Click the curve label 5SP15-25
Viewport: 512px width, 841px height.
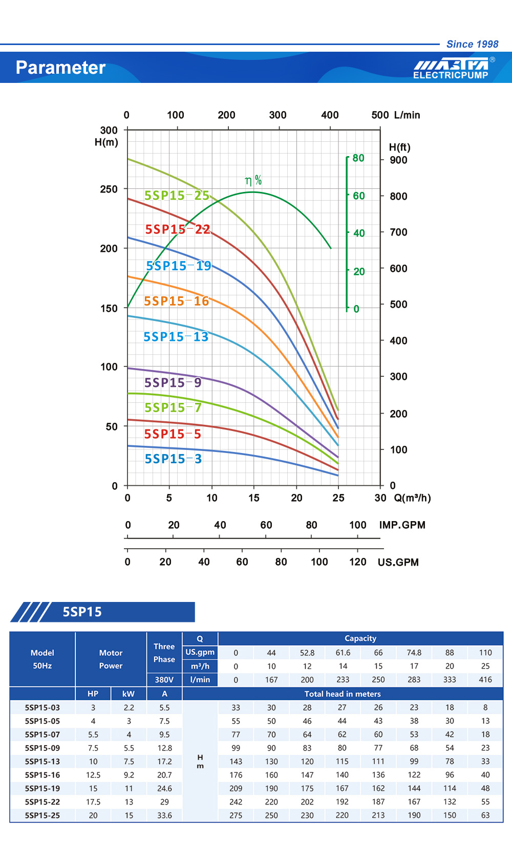click(x=177, y=196)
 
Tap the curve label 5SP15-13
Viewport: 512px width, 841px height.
click(x=176, y=337)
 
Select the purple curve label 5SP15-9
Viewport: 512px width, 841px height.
click(x=173, y=383)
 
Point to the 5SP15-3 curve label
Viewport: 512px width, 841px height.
click(x=173, y=459)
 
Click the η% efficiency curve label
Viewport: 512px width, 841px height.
click(x=253, y=180)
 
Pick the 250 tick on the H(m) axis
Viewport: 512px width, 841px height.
click(x=109, y=189)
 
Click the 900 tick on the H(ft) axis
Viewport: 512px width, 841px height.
click(x=398, y=160)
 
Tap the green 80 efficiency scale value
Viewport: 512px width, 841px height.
click(x=358, y=158)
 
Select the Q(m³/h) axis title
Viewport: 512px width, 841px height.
click(x=412, y=498)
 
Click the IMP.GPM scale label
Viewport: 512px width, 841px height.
click(x=402, y=525)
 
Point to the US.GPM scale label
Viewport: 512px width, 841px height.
click(x=398, y=562)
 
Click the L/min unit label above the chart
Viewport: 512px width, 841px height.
click(x=407, y=115)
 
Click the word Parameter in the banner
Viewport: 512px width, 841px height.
click(x=60, y=68)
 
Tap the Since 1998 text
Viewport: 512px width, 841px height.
click(x=472, y=44)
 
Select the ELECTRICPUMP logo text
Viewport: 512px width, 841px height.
click(x=451, y=75)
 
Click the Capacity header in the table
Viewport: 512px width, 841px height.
click(x=360, y=638)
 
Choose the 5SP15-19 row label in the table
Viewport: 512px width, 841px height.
click(x=42, y=789)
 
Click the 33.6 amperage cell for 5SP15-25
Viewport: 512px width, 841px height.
click(x=164, y=815)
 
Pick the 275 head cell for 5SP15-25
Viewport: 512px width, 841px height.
click(x=236, y=815)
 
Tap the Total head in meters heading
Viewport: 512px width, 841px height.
click(x=343, y=694)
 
